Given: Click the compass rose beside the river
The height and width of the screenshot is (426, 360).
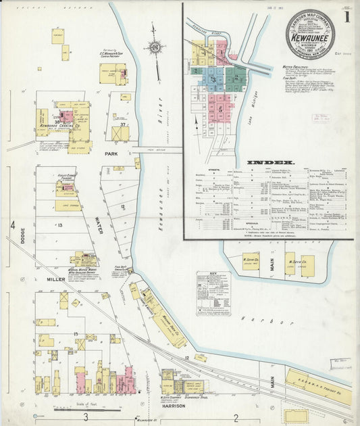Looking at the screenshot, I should [x=154, y=47].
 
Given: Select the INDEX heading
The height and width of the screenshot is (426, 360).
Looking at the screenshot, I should [x=270, y=162].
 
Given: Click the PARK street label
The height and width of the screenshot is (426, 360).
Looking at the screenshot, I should [x=111, y=153].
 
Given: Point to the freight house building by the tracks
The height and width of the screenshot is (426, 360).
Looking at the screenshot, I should [x=317, y=386].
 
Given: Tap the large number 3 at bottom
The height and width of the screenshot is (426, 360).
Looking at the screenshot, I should [x=86, y=417].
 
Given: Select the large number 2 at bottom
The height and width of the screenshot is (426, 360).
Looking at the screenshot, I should [x=236, y=417].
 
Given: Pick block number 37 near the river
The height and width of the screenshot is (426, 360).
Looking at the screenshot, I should [x=122, y=125].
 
